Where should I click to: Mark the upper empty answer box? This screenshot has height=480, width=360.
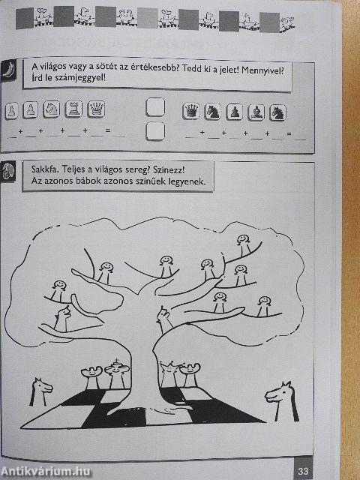coord(155,109)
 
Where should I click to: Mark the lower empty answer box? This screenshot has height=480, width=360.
coord(155,132)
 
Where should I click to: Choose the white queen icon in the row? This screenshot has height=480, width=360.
coord(96,109)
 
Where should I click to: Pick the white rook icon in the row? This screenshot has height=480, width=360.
coord(73,109)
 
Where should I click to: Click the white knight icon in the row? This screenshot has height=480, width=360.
coord(52,109)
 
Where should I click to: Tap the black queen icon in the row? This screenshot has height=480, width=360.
coord(192,111)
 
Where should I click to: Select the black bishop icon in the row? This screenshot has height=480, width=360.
coord(257,112)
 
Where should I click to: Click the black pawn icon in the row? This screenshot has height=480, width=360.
coord(235,112)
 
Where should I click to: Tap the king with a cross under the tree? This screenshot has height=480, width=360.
coord(114,371)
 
